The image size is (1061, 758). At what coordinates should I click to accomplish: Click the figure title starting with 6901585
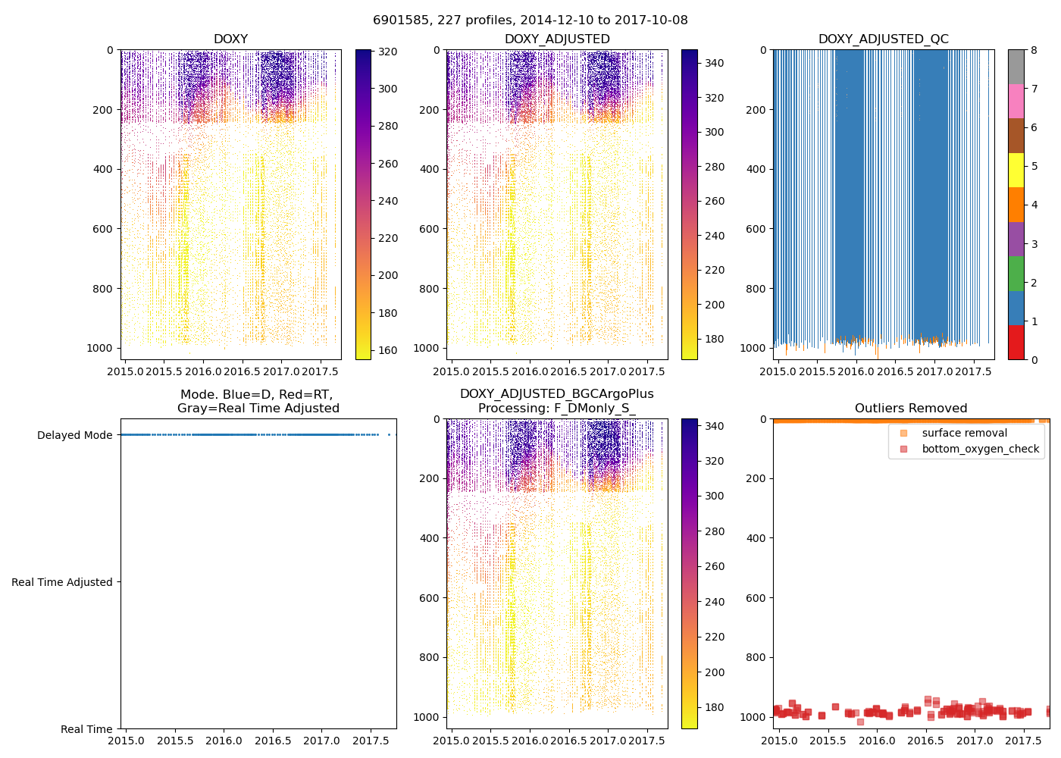(530, 20)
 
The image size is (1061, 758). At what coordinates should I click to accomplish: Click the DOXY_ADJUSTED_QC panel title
(883, 39)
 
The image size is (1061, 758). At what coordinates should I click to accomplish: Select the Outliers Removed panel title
(911, 409)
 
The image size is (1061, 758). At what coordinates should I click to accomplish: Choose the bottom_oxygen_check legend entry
(980, 449)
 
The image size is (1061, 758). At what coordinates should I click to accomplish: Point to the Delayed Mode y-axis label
(74, 435)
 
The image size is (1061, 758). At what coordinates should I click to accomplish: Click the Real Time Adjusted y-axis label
(61, 582)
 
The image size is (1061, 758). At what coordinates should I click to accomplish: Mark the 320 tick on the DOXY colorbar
(387, 52)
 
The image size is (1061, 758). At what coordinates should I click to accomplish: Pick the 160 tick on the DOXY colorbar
(387, 350)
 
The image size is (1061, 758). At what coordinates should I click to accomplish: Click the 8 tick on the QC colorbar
(1034, 50)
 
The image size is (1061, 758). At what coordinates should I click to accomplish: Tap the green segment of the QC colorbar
(1016, 274)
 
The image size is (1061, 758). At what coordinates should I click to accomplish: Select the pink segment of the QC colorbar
(1016, 101)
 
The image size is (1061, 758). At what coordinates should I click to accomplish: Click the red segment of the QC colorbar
(1016, 343)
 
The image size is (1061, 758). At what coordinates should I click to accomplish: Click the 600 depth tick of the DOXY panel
(104, 229)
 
